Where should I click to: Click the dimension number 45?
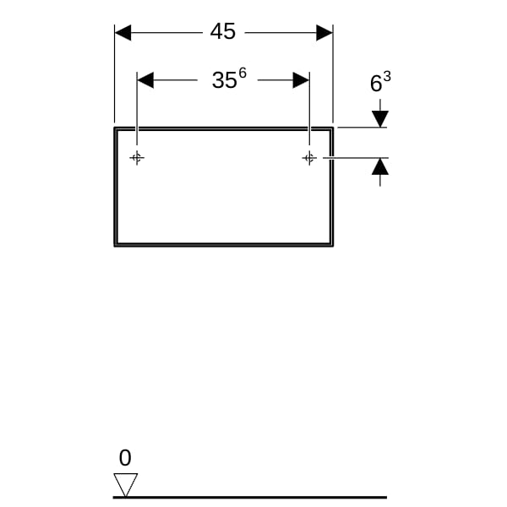223,32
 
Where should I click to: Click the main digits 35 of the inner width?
225,80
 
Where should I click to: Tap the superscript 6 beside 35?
243,73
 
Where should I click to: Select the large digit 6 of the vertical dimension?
376,84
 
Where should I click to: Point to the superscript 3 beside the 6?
387,77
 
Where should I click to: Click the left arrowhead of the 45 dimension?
123,33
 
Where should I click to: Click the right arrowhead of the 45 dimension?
324,33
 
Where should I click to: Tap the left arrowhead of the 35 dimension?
145,80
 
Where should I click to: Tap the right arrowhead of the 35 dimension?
301,80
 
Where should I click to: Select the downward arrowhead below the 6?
380,119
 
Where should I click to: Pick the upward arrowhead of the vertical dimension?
380,166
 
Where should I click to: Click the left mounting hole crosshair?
137,158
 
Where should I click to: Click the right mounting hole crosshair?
309,158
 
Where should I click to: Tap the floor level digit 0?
125,458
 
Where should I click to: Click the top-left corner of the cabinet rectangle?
115,128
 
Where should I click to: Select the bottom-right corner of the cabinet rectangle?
332,245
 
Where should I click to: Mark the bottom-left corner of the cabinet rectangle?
115,245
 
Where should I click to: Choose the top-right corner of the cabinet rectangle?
332,128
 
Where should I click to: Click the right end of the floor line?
386,498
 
